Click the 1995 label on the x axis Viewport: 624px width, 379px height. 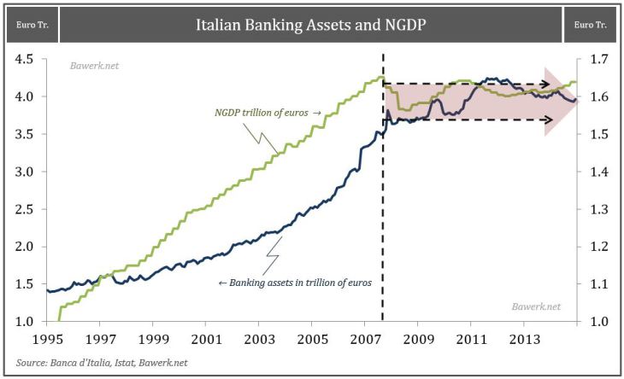[48, 340]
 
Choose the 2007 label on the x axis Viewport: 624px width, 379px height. [365, 340]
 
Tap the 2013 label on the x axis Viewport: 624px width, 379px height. [523, 340]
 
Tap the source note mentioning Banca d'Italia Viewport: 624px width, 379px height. [97, 363]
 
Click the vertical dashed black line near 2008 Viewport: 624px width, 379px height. [383, 213]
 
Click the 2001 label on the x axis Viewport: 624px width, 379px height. [206, 340]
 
